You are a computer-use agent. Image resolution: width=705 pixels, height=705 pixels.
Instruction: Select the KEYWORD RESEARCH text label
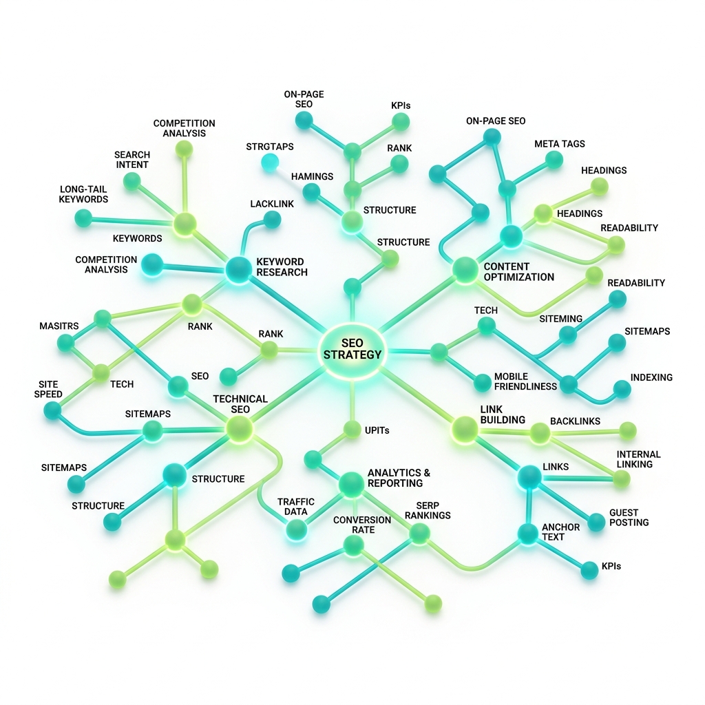click(x=282, y=266)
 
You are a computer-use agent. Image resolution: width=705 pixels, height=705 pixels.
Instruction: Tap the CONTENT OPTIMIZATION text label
click(x=519, y=271)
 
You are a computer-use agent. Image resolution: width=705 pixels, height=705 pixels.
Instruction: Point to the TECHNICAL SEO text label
click(x=240, y=403)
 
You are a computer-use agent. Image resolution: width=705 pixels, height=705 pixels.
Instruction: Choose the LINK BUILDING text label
click(x=503, y=414)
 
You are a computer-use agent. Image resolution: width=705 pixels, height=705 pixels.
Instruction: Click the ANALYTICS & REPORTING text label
click(x=399, y=478)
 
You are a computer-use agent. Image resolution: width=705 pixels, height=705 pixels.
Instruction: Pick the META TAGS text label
click(x=559, y=144)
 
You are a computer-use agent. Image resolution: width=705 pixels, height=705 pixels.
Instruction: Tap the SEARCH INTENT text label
click(x=132, y=160)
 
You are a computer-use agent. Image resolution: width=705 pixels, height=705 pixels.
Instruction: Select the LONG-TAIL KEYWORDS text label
click(x=83, y=194)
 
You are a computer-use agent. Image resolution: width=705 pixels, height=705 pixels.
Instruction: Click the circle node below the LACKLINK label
click(x=272, y=220)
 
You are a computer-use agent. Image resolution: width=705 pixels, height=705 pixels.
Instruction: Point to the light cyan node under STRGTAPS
click(x=270, y=162)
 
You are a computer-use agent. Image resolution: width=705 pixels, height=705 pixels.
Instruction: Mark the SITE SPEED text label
click(x=48, y=389)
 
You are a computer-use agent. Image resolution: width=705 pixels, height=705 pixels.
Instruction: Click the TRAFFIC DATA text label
click(x=296, y=507)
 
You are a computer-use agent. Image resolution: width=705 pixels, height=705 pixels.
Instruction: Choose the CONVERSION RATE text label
click(x=362, y=525)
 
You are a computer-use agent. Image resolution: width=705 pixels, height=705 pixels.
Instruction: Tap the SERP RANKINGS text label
click(x=428, y=510)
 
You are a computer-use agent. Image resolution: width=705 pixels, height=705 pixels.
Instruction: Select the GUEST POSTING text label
click(x=629, y=518)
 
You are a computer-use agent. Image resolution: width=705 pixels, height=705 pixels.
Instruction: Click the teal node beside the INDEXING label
click(x=622, y=390)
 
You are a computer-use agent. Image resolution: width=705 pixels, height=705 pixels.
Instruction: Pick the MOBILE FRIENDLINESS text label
click(x=525, y=381)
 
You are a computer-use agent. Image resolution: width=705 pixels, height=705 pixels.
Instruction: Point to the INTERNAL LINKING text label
click(x=638, y=459)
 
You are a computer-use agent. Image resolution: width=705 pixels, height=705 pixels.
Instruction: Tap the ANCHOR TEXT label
click(x=560, y=532)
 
